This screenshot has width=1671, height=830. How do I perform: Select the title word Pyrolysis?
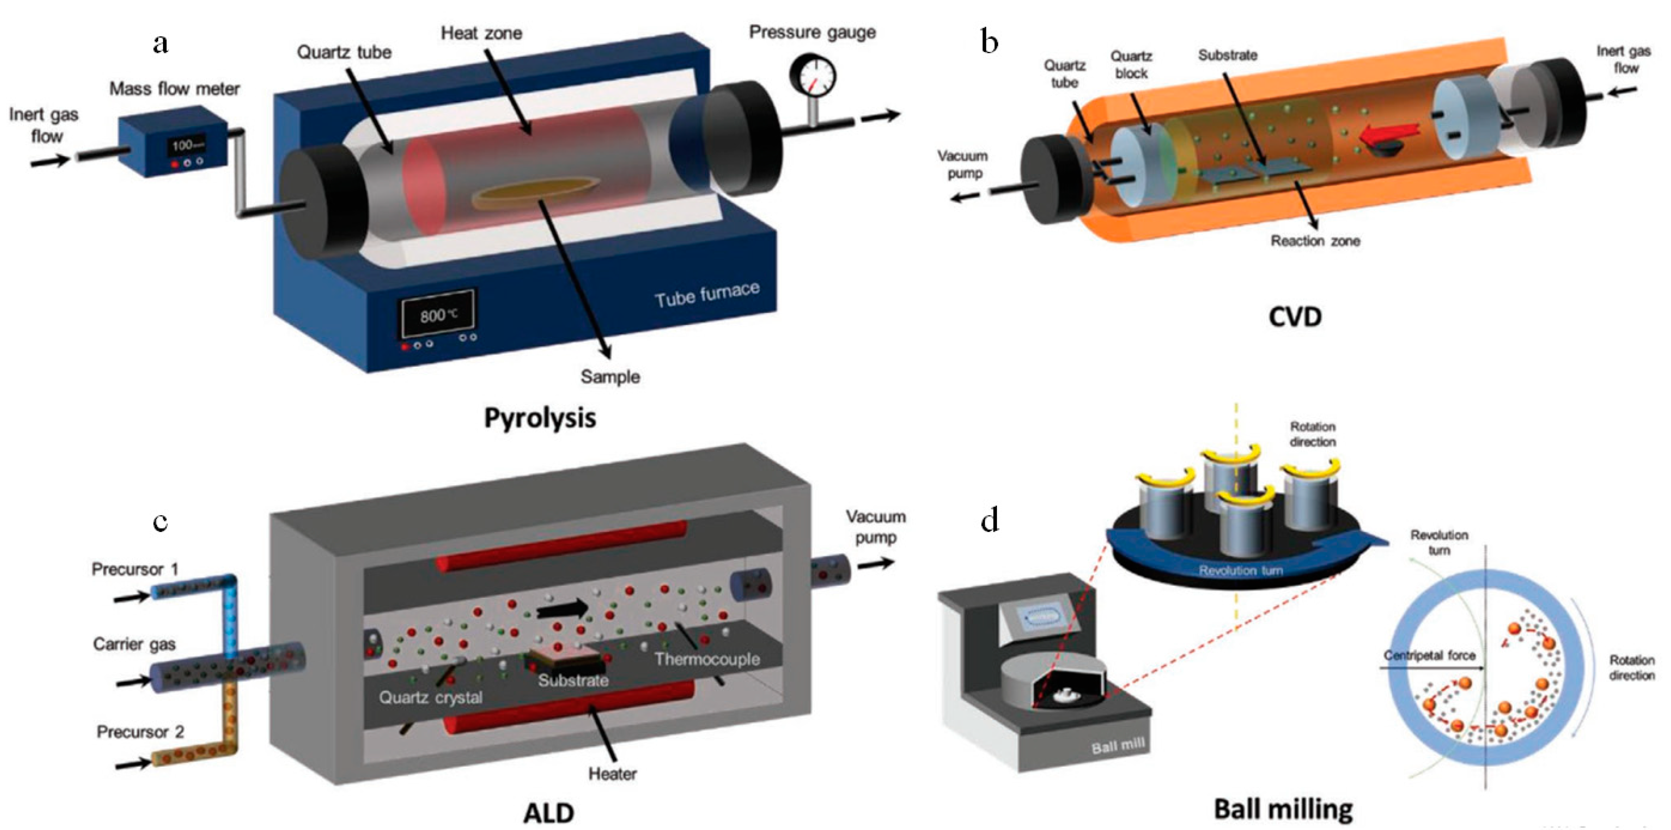coord(540,418)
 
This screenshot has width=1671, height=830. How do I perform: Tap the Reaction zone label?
coord(1315,241)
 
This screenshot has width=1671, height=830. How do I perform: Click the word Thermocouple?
coord(707,659)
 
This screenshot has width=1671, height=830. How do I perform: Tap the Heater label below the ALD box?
coord(612,773)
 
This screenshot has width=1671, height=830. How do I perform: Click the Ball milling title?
coord(1283,809)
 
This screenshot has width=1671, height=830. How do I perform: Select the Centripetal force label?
coord(1429,656)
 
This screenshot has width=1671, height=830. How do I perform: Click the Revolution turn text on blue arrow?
coord(1240,571)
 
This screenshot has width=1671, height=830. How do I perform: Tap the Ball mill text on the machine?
coord(1118,747)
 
